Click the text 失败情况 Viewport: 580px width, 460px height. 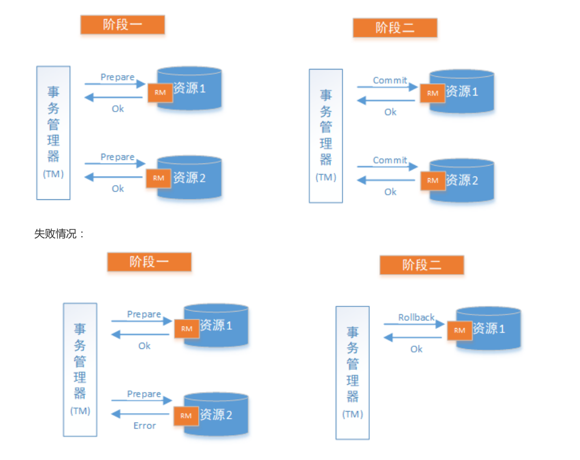point(59,234)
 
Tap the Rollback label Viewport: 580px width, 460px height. point(416,317)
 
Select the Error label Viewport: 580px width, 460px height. point(144,426)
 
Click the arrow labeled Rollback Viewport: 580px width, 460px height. point(414,324)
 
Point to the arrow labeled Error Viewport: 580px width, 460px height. point(141,414)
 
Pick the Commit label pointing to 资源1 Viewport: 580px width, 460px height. point(390,80)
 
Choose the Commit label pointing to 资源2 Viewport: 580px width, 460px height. point(390,160)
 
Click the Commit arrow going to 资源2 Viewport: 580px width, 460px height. point(387,167)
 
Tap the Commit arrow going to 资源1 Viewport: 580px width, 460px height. point(387,87)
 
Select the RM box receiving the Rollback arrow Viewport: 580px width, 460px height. point(460,330)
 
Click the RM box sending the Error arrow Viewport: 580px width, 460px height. point(186,415)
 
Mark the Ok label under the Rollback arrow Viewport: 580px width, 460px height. point(417,349)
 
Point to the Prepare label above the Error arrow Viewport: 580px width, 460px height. point(144,394)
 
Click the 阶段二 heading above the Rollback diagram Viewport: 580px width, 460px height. point(422,265)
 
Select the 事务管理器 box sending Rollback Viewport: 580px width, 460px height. point(353,372)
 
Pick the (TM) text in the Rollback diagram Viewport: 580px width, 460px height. point(353,414)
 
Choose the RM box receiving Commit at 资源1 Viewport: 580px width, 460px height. point(433,93)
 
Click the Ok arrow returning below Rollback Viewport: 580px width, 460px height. point(413,338)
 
